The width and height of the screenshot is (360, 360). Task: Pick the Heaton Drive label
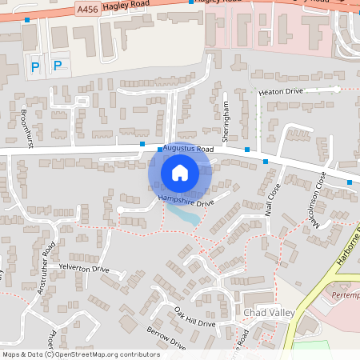(281, 92)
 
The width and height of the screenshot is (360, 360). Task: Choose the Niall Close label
(271, 200)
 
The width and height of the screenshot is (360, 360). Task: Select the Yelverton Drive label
(84, 269)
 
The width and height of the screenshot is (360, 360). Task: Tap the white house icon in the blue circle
(180, 173)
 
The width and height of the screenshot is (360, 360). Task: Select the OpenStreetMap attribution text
(80, 354)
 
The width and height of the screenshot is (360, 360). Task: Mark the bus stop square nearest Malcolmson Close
(350, 182)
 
